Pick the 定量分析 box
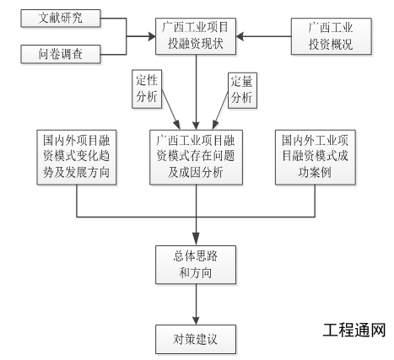[243, 88]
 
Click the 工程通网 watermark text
[354, 329]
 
